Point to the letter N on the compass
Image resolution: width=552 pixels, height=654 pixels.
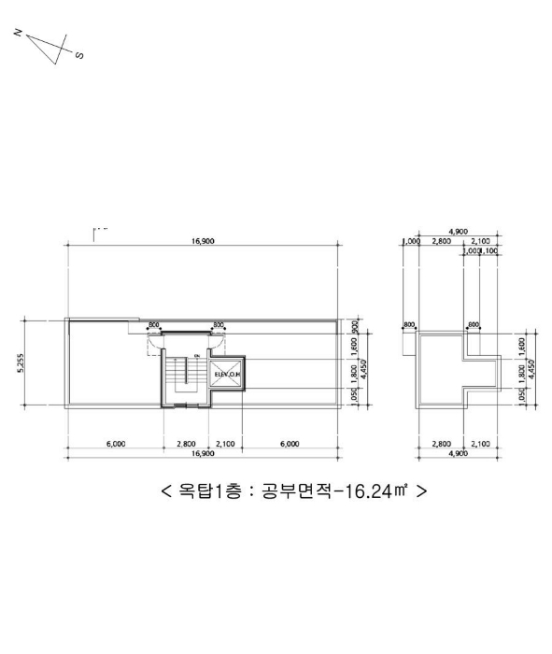tap(19, 33)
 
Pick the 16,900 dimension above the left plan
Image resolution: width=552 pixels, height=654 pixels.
tap(203, 241)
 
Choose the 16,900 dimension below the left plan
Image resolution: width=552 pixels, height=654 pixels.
tap(203, 453)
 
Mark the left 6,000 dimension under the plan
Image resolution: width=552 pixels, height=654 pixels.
tap(115, 444)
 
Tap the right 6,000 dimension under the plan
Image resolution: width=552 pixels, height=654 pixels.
tap(290, 444)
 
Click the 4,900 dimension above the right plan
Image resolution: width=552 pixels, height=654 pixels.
tap(459, 231)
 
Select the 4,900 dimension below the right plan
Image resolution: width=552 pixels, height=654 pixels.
tap(459, 453)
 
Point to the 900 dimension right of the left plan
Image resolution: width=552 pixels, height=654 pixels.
tap(356, 326)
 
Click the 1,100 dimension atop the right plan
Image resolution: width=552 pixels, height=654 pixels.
tap(488, 251)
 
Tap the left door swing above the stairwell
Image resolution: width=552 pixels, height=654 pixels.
tap(154, 338)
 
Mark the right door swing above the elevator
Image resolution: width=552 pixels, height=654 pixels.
tap(220, 338)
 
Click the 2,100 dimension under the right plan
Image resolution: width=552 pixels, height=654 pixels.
tap(480, 444)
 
